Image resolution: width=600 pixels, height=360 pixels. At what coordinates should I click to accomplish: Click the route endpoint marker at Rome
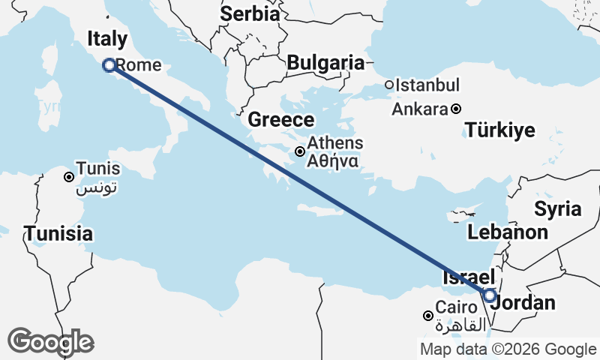point(109,65)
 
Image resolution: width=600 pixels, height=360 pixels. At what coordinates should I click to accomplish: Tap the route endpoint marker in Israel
point(489,295)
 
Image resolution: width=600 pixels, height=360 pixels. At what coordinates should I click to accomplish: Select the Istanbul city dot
point(389,85)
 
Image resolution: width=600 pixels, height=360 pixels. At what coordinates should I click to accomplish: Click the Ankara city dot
point(456,109)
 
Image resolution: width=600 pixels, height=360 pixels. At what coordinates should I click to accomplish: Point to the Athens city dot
point(300,151)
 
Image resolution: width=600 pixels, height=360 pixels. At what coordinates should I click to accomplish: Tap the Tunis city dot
point(69,177)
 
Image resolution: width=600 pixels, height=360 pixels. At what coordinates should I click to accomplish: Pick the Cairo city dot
point(428,316)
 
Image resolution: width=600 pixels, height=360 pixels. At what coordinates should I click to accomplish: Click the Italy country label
point(107,39)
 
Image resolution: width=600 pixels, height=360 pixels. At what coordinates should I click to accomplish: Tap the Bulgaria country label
point(325,63)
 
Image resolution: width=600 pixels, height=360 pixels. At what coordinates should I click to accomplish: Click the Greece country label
point(281,120)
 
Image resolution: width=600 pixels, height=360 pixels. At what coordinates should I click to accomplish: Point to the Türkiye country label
point(500,130)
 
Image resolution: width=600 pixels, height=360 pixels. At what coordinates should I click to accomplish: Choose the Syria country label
point(557,208)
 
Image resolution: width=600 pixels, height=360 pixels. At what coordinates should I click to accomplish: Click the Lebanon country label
point(508,232)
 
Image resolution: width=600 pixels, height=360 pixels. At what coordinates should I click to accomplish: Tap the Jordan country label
point(528,303)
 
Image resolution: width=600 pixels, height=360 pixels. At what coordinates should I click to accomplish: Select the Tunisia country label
point(58,233)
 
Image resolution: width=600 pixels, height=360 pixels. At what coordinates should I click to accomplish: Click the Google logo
point(50,342)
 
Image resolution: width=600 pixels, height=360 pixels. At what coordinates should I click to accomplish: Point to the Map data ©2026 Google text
point(508,349)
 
